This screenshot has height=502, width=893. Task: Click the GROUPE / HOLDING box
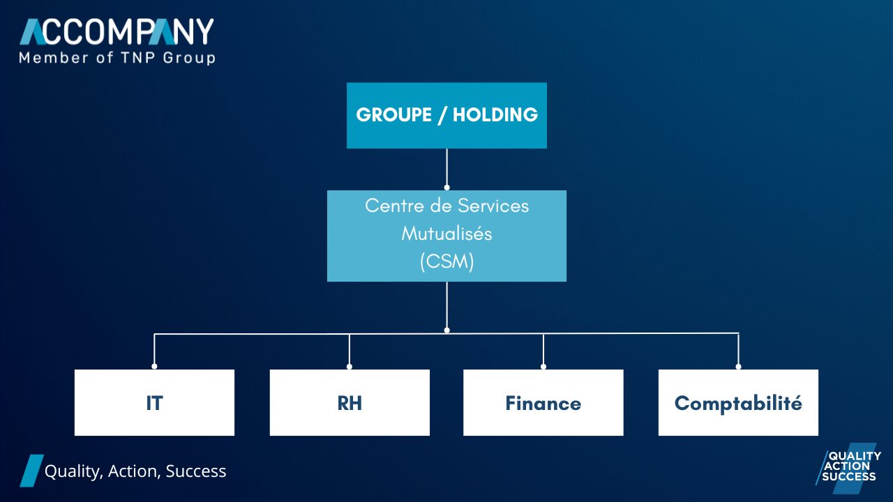tap(446, 116)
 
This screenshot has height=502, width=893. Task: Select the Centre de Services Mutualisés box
tap(446, 236)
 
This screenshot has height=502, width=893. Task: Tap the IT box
tap(154, 402)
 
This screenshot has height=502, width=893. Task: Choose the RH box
tap(350, 402)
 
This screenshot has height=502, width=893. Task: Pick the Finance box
tap(543, 402)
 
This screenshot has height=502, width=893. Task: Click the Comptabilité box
tap(738, 402)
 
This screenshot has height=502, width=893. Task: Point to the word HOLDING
tap(495, 115)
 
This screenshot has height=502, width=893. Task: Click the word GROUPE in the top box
tap(394, 115)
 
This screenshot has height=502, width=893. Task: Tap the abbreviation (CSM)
tap(447, 261)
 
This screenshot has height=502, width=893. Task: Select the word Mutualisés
tap(446, 234)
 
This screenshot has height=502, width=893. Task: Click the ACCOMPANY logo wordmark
tap(117, 31)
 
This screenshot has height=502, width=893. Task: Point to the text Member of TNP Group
tap(117, 58)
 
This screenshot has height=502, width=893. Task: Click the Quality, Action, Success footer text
tap(135, 471)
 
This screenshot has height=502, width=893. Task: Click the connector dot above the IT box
tap(154, 366)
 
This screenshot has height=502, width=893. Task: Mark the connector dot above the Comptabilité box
tap(738, 366)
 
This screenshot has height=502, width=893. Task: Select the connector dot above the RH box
tap(350, 366)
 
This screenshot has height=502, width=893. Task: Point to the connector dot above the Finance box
tap(543, 366)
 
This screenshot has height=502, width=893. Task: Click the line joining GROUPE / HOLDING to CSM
tap(446, 168)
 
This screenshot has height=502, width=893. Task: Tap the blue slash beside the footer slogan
tap(32, 471)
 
